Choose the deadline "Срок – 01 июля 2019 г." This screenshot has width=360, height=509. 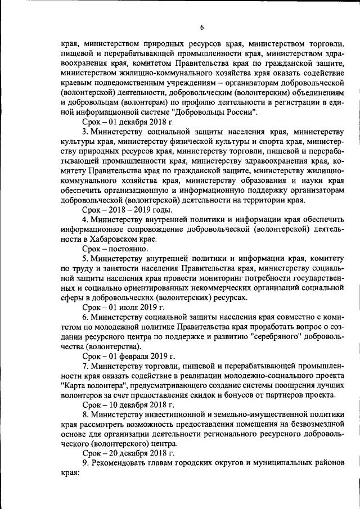tap(123, 307)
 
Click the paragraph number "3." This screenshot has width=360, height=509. tap(85, 132)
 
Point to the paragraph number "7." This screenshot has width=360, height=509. tap(85, 366)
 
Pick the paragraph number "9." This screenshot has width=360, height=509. tap(85, 462)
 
